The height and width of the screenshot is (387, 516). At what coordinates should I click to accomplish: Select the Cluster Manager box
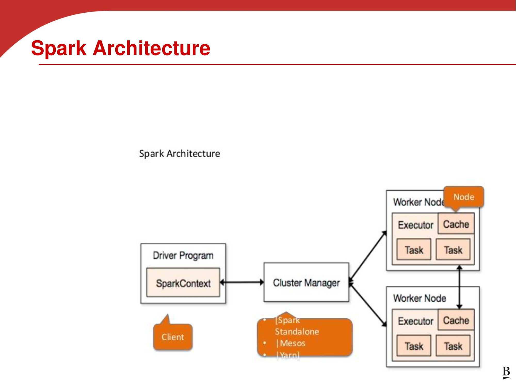tap(306, 282)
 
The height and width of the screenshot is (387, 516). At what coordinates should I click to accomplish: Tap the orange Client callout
tap(173, 337)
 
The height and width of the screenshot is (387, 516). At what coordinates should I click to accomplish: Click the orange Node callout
tap(464, 197)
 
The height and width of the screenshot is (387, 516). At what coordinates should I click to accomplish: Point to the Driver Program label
tap(183, 255)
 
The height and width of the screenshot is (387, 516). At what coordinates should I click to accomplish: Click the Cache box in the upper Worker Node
tap(456, 224)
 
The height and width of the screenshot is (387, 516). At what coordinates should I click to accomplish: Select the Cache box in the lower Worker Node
tap(456, 320)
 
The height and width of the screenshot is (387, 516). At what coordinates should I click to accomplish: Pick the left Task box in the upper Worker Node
tap(414, 249)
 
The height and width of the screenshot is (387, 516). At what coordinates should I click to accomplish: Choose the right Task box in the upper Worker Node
tap(453, 249)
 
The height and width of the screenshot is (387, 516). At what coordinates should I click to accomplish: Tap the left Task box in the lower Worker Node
tap(414, 346)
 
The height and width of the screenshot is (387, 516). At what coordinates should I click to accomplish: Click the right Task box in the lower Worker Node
tap(453, 346)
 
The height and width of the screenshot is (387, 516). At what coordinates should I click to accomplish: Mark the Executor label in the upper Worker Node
tap(415, 225)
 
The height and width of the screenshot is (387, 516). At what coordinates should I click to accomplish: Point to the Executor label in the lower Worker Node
tap(415, 321)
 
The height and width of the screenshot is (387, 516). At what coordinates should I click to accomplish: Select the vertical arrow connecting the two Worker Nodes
tap(459, 287)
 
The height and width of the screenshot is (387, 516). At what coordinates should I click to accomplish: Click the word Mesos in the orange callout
tap(293, 343)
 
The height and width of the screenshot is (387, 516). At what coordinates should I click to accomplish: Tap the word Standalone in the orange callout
tap(297, 332)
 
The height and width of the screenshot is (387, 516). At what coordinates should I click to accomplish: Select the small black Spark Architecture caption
tap(180, 154)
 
